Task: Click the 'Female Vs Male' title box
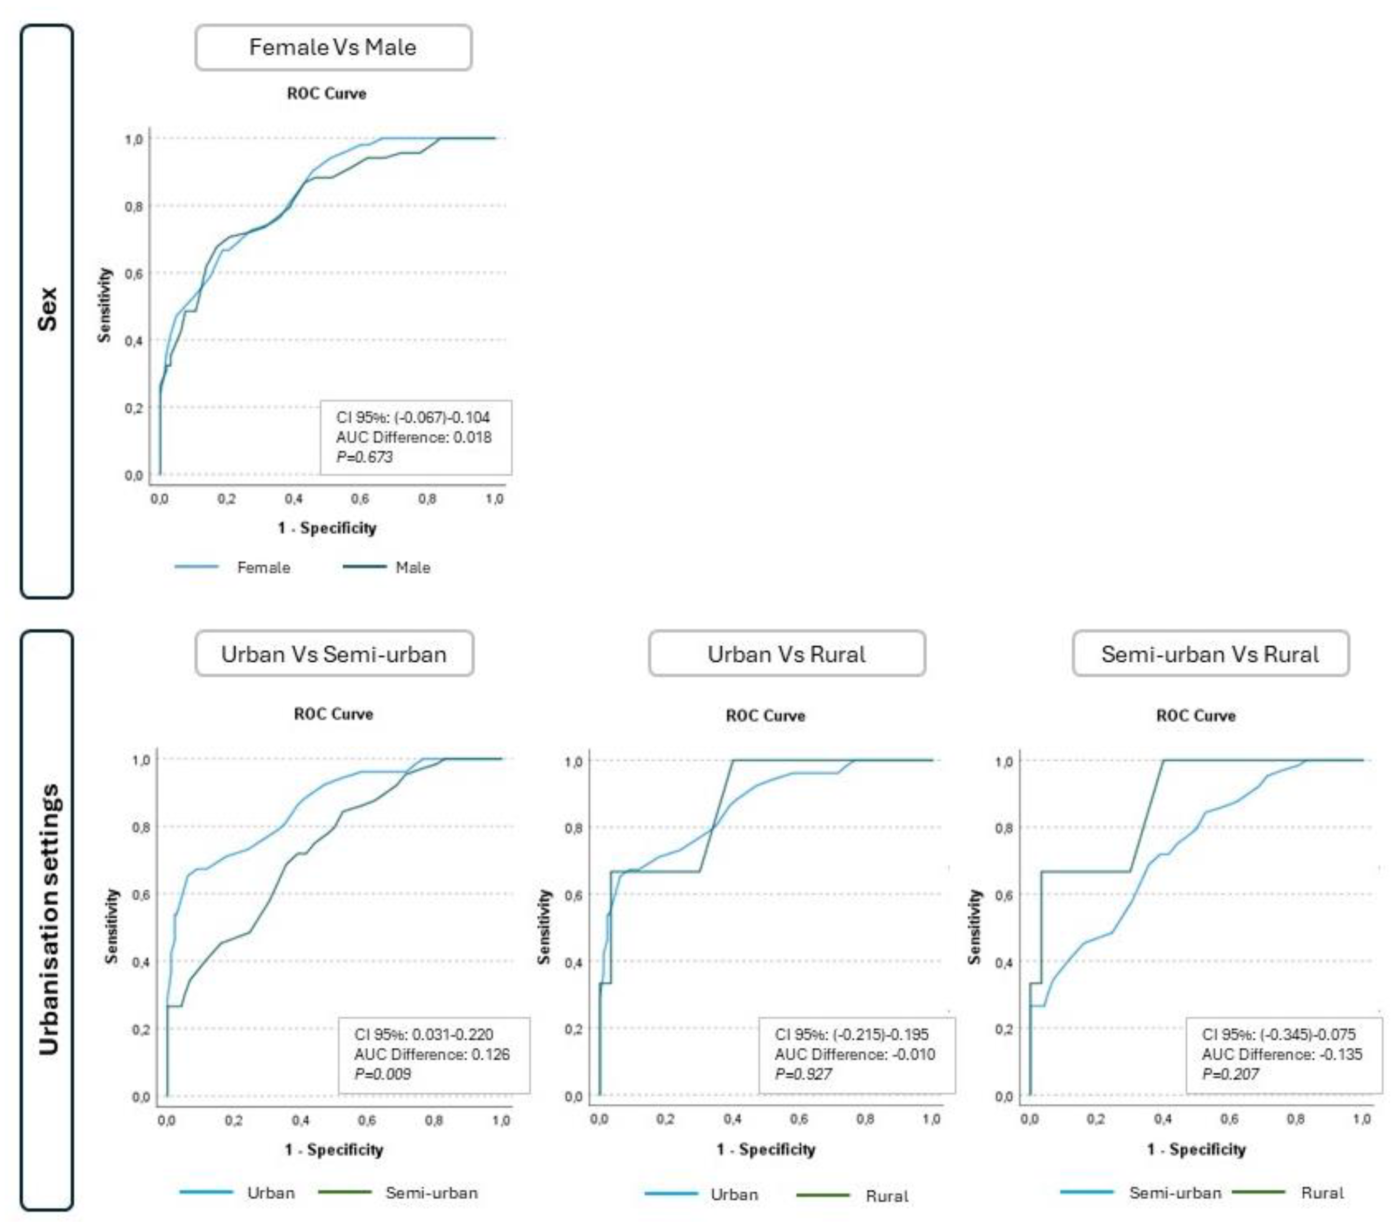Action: point(333,47)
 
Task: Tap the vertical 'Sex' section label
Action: point(47,309)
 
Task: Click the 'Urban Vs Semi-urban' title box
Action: point(334,654)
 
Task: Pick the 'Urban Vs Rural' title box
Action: point(786,654)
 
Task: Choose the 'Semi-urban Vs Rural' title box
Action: point(1210,654)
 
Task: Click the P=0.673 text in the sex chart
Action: point(365,457)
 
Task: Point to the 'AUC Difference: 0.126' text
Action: point(431,1054)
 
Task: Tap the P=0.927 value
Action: point(803,1074)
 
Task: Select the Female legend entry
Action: point(263,567)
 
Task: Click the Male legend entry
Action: point(412,567)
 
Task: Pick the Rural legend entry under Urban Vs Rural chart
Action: point(886,1195)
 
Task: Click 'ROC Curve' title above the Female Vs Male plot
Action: point(326,94)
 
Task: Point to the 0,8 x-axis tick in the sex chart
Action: point(427,498)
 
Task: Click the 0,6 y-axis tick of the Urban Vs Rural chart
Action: point(574,895)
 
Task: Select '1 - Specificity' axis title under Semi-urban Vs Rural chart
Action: point(1196,1149)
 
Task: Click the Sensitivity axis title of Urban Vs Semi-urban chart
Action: point(111,926)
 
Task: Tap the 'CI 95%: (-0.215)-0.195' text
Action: point(852,1034)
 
